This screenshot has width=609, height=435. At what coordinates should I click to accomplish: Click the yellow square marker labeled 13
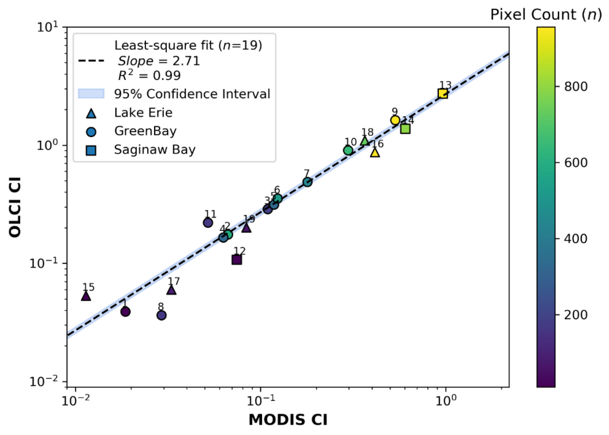coord(443,94)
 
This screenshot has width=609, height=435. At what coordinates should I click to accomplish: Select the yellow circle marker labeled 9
coord(395,120)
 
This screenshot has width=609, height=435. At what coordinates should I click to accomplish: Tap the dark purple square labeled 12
coord(237,259)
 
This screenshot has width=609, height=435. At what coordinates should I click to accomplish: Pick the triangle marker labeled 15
coord(86,296)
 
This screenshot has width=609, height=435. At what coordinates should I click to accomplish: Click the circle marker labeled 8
coord(161,315)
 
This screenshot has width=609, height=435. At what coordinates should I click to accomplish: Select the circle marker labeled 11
coord(208,222)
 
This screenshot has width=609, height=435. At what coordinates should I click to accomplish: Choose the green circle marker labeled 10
coord(348,150)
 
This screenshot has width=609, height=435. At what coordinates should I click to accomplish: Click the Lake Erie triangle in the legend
coord(91,113)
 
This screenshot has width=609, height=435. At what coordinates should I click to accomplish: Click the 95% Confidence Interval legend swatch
coord(91,94)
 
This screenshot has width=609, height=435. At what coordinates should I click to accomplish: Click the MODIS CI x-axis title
coord(288,419)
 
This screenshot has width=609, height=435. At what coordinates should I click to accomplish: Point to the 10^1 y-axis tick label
coord(47,27)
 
